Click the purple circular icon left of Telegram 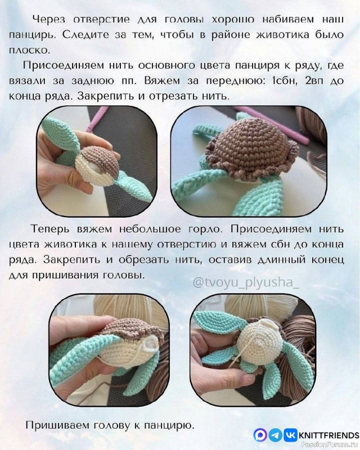pyautogui.click(x=260, y=435)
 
